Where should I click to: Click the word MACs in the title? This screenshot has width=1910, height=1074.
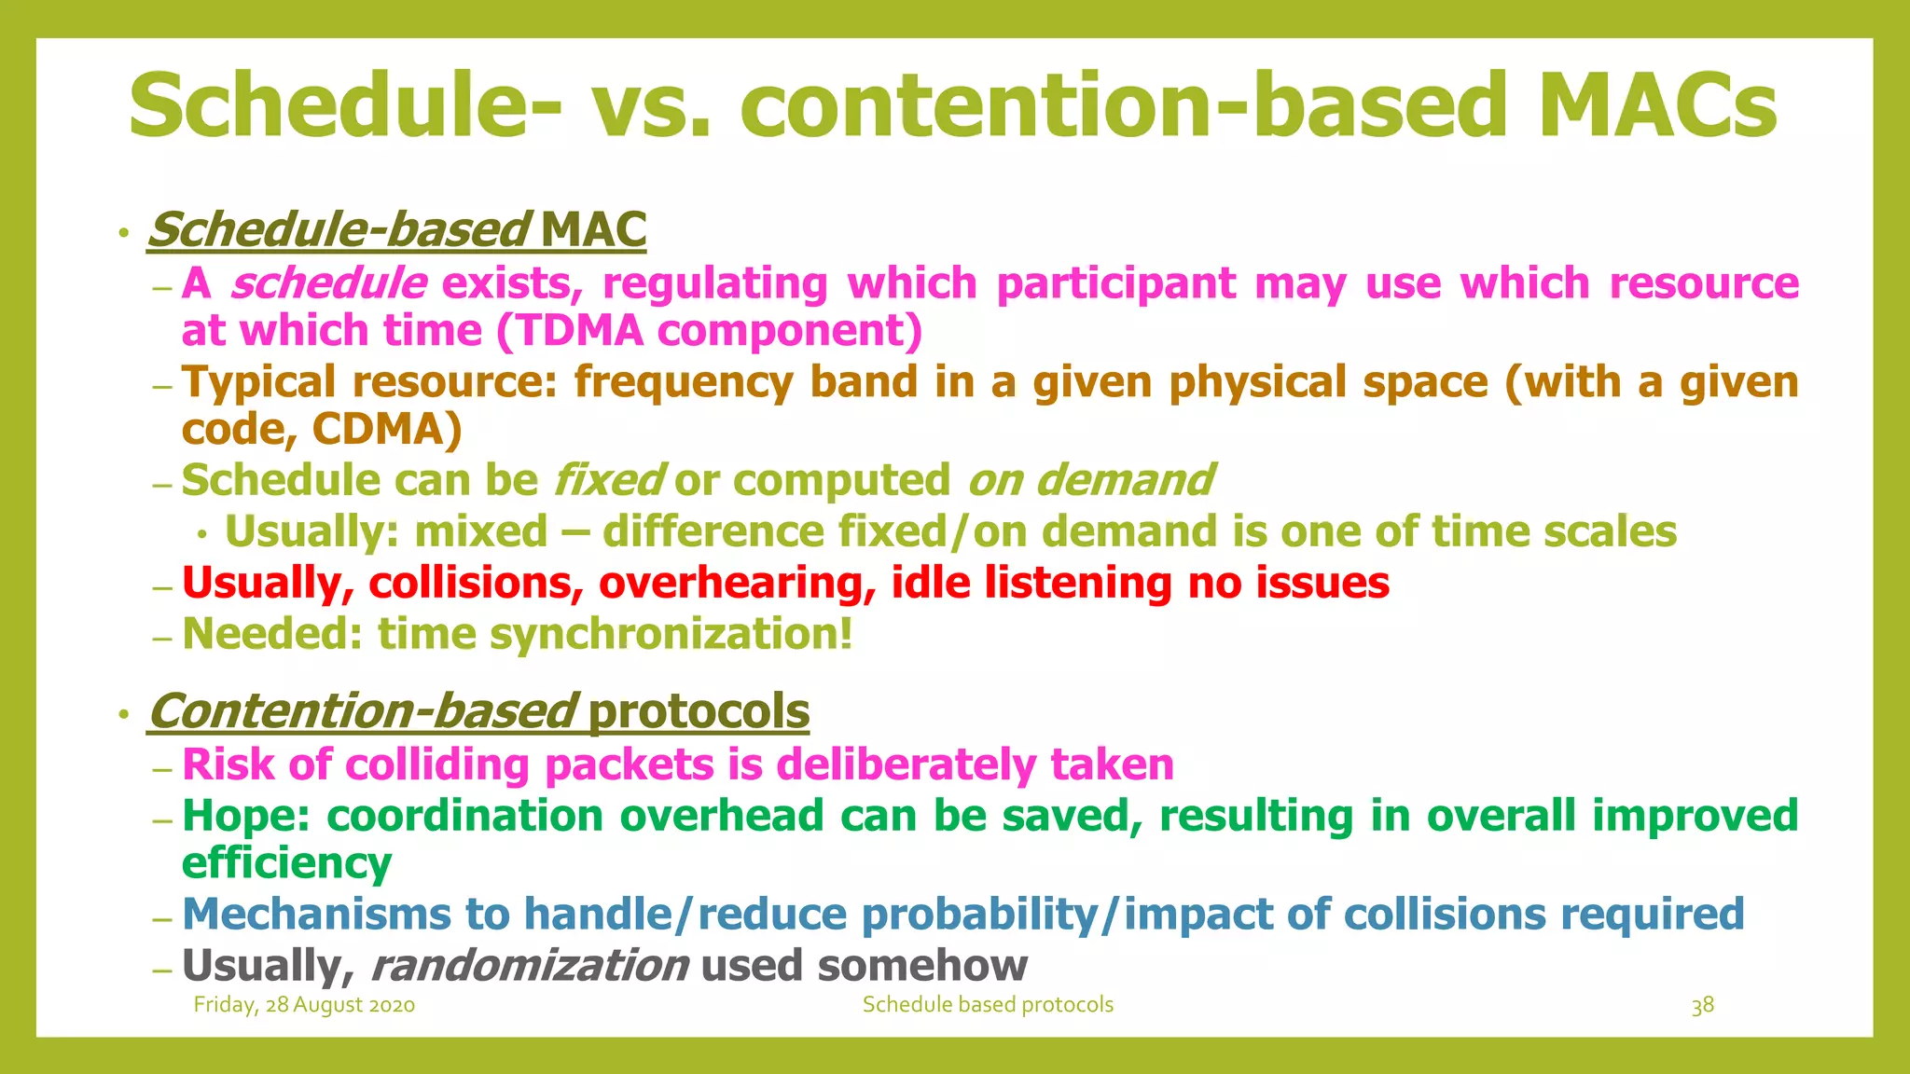coord(1657,104)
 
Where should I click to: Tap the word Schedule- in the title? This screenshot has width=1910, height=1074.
coord(344,104)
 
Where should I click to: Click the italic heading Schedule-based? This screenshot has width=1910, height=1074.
coord(338,230)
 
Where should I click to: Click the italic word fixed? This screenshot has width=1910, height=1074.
coord(608,481)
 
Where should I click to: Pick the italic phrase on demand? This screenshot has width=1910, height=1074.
coord(1090,481)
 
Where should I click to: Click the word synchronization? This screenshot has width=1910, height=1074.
coord(671,635)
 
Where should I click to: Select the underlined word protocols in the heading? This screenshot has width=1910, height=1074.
coord(699,712)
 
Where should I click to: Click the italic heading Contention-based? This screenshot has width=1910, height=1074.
coord(362,712)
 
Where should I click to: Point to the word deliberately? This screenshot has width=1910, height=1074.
coord(906,765)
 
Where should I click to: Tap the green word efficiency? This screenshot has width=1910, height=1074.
coord(286,863)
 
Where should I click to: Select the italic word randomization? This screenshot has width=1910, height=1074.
coord(530,966)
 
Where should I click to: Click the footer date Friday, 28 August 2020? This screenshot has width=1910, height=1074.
coord(304,1005)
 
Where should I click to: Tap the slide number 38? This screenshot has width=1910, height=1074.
coord(1702,1006)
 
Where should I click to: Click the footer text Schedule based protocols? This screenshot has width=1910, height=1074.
coord(988,1005)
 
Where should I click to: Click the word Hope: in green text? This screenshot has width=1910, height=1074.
coord(246,817)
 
